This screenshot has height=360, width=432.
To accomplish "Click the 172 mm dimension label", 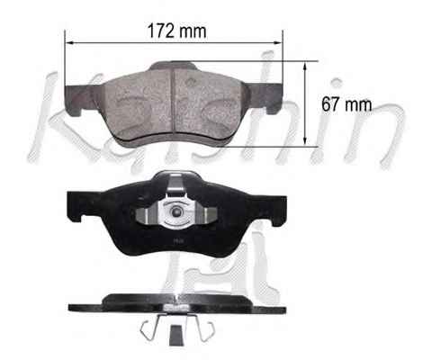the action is [177, 31].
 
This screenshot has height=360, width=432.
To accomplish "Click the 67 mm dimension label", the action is [346, 104].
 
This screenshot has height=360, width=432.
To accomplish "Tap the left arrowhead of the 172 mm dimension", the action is [69, 43].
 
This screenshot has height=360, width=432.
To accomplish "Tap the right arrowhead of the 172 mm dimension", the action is [278, 43].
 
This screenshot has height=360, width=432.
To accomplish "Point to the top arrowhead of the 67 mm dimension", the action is [305, 66].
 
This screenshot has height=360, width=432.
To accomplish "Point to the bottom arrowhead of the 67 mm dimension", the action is [305, 141].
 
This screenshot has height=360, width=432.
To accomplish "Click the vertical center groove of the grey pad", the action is [173, 101].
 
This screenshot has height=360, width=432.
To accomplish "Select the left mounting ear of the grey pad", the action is [79, 99].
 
